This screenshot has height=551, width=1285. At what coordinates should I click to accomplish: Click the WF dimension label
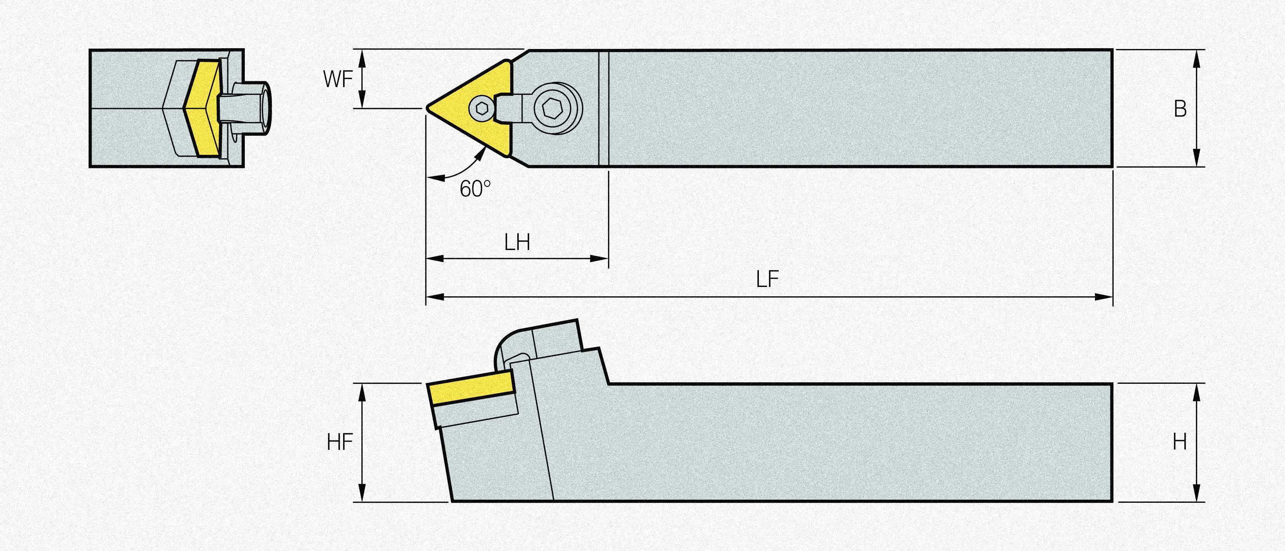[338, 79]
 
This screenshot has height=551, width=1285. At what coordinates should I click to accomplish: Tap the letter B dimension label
[1180, 109]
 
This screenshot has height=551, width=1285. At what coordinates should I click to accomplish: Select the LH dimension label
[517, 243]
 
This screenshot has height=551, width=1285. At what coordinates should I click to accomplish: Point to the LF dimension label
[767, 280]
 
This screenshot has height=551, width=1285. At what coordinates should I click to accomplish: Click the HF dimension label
[340, 442]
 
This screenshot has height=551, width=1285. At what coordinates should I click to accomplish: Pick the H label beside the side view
[1180, 442]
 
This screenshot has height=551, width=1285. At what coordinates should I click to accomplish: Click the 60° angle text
[475, 189]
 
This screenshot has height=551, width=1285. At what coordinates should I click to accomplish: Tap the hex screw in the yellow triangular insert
[482, 107]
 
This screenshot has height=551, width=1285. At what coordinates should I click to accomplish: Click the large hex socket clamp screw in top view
[558, 108]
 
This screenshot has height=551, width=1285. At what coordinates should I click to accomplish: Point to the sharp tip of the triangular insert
[427, 107]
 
